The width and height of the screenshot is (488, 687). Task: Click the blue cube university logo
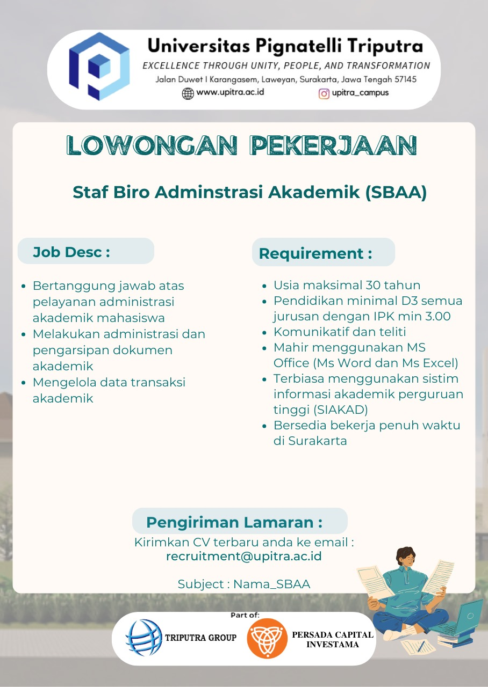99,67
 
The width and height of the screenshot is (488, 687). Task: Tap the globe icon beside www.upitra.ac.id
188,93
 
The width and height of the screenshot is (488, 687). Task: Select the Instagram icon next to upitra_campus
324,94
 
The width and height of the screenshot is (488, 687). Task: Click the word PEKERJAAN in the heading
334,145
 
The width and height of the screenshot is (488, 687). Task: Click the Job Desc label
71,252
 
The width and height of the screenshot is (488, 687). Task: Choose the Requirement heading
315,253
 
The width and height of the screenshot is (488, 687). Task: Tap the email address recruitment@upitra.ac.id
244,557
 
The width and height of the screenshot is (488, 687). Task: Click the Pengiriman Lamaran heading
234,522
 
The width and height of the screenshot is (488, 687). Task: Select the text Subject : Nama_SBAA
244,584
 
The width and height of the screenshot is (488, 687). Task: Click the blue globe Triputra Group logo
143,638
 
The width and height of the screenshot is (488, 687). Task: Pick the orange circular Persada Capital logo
267,638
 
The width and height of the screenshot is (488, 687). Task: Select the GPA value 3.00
436,317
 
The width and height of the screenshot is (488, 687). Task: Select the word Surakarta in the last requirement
318,441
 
